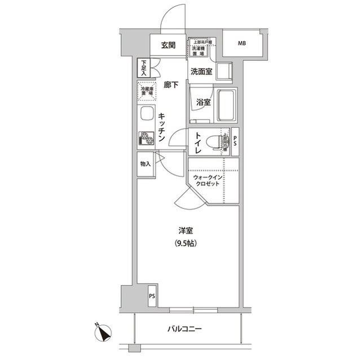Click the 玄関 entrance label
tap(168, 45)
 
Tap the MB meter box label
tap(241, 43)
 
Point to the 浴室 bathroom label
tap(204, 103)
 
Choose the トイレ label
tap(200, 143)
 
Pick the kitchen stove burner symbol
tap(146, 139)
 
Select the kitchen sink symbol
tap(146, 114)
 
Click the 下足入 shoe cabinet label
tap(144, 68)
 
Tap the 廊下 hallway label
tap(171, 85)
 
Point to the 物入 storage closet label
tap(146, 164)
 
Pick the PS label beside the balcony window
tap(152, 296)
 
